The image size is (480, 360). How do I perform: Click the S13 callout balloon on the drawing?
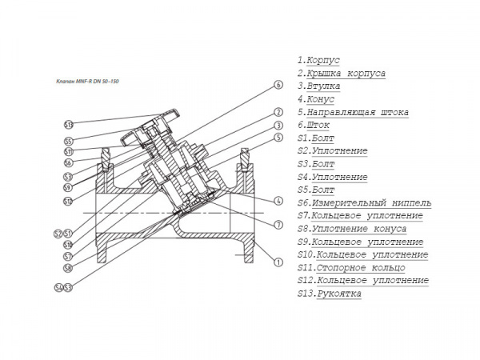pyautogui.click(x=69, y=125)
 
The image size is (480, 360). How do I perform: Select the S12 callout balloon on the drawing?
pyautogui.click(x=69, y=200)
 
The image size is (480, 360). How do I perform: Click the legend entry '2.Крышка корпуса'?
pyautogui.click(x=342, y=74)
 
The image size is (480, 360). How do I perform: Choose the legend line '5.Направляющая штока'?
pyautogui.click(x=353, y=113)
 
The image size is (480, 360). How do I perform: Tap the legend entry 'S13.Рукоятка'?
pyautogui.click(x=329, y=294)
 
